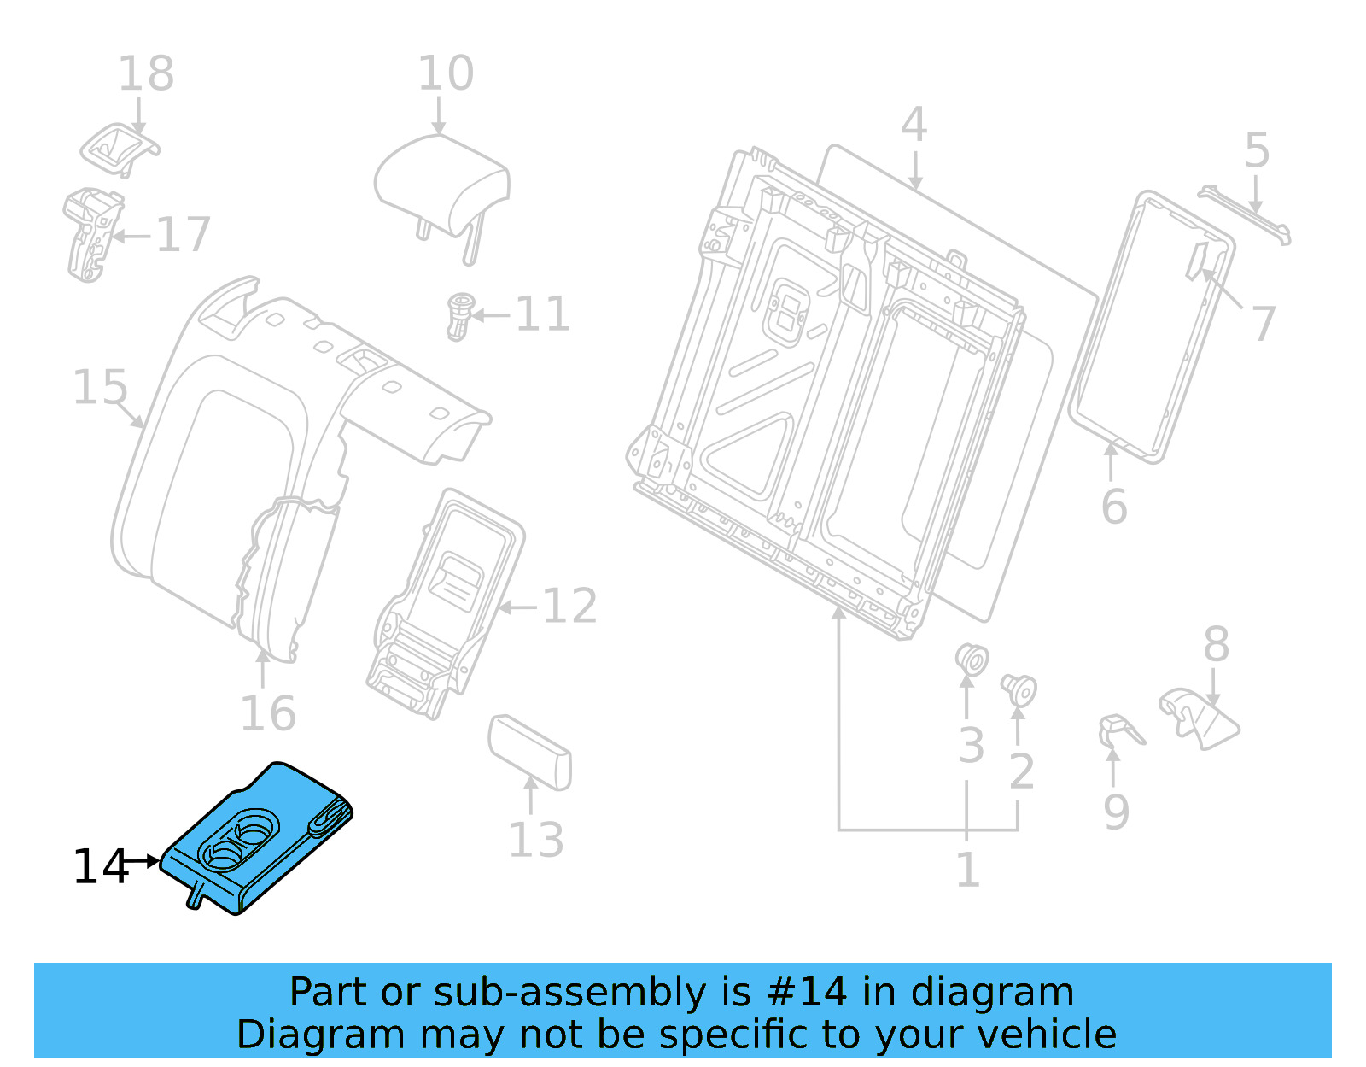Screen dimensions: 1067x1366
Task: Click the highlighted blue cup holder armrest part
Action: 256,837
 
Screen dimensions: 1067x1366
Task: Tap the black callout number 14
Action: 100,867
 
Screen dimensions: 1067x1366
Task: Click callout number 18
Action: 146,74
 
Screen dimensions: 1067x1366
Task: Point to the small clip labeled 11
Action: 459,316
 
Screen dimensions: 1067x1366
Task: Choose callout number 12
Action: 569,607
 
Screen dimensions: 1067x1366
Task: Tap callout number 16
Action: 267,713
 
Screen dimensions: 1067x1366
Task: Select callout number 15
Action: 100,388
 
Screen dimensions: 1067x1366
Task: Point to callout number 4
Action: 914,126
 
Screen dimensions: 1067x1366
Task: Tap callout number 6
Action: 1114,507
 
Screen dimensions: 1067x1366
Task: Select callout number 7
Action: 1264,324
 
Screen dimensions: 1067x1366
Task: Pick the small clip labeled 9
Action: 1118,731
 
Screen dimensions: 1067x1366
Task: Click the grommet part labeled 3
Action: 971,660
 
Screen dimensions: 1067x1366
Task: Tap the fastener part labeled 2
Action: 1019,689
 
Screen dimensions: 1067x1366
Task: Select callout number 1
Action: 967,871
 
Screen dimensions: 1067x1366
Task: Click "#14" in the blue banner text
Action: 807,993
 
